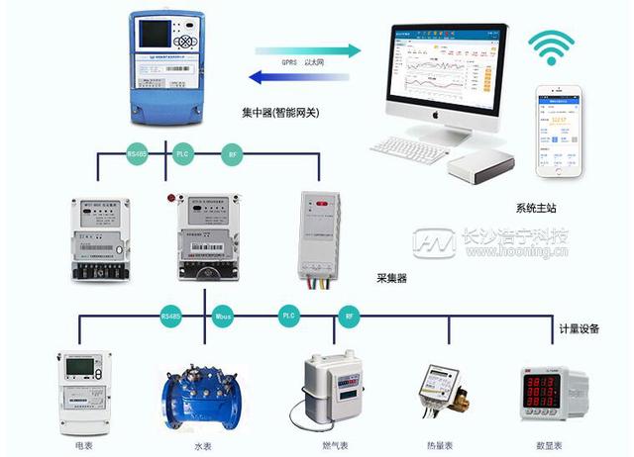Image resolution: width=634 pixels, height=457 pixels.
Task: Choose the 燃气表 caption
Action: click(x=335, y=446)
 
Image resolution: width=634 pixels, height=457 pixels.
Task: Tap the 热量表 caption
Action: click(x=444, y=446)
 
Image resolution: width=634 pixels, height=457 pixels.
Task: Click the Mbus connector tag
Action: click(x=223, y=317)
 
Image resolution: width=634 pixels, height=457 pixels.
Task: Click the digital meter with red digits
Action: click(x=549, y=395)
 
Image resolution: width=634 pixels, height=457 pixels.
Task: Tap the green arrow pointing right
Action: click(x=306, y=49)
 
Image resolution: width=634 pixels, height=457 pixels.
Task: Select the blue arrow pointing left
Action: click(x=297, y=73)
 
